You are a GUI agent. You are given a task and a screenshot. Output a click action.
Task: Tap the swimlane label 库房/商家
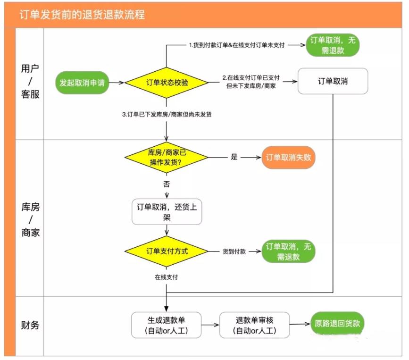point(30,219)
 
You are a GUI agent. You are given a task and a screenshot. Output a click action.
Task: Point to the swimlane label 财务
point(30,325)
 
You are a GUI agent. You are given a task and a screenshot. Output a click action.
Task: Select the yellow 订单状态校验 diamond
point(167,83)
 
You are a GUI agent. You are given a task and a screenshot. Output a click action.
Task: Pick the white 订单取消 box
point(333,81)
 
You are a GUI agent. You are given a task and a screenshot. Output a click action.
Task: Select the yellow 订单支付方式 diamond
point(167,251)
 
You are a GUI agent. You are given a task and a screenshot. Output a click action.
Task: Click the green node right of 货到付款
point(288,251)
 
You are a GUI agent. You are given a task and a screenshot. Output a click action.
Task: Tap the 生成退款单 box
point(167,325)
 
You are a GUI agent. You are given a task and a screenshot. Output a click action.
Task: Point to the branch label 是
point(234,157)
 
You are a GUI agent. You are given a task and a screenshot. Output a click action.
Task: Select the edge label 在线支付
point(167,277)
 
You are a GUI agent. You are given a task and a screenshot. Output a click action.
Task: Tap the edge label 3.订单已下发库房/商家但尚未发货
point(167,114)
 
